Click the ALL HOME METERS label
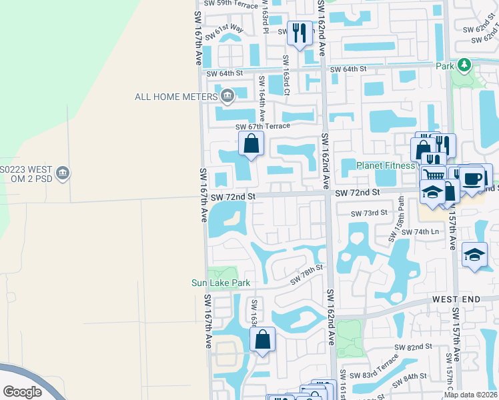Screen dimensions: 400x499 tap(177, 96)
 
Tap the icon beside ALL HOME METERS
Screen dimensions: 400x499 tap(227, 96)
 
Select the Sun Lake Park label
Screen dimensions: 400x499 tap(221, 283)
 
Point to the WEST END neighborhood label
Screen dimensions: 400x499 tap(457, 299)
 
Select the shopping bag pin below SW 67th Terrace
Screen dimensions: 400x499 tap(251, 144)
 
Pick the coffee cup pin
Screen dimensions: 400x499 tap(472, 179)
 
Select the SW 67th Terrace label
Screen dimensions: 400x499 tap(263, 126)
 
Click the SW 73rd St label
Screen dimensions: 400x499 tap(370, 213)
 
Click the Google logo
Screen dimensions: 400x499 tap(23, 391)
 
